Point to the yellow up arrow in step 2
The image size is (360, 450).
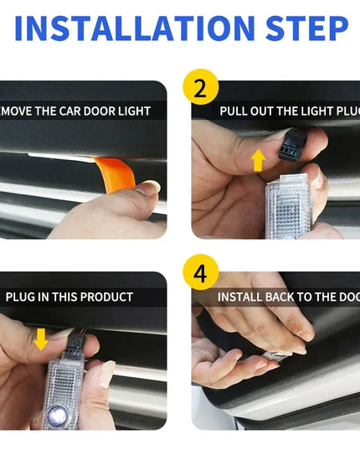click(259, 159)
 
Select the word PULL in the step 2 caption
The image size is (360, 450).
click(234, 111)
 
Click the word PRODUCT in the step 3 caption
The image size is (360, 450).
click(106, 297)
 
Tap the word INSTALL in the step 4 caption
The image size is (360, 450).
click(242, 297)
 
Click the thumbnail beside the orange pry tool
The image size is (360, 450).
click(148, 188)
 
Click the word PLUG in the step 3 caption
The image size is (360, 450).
click(20, 297)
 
